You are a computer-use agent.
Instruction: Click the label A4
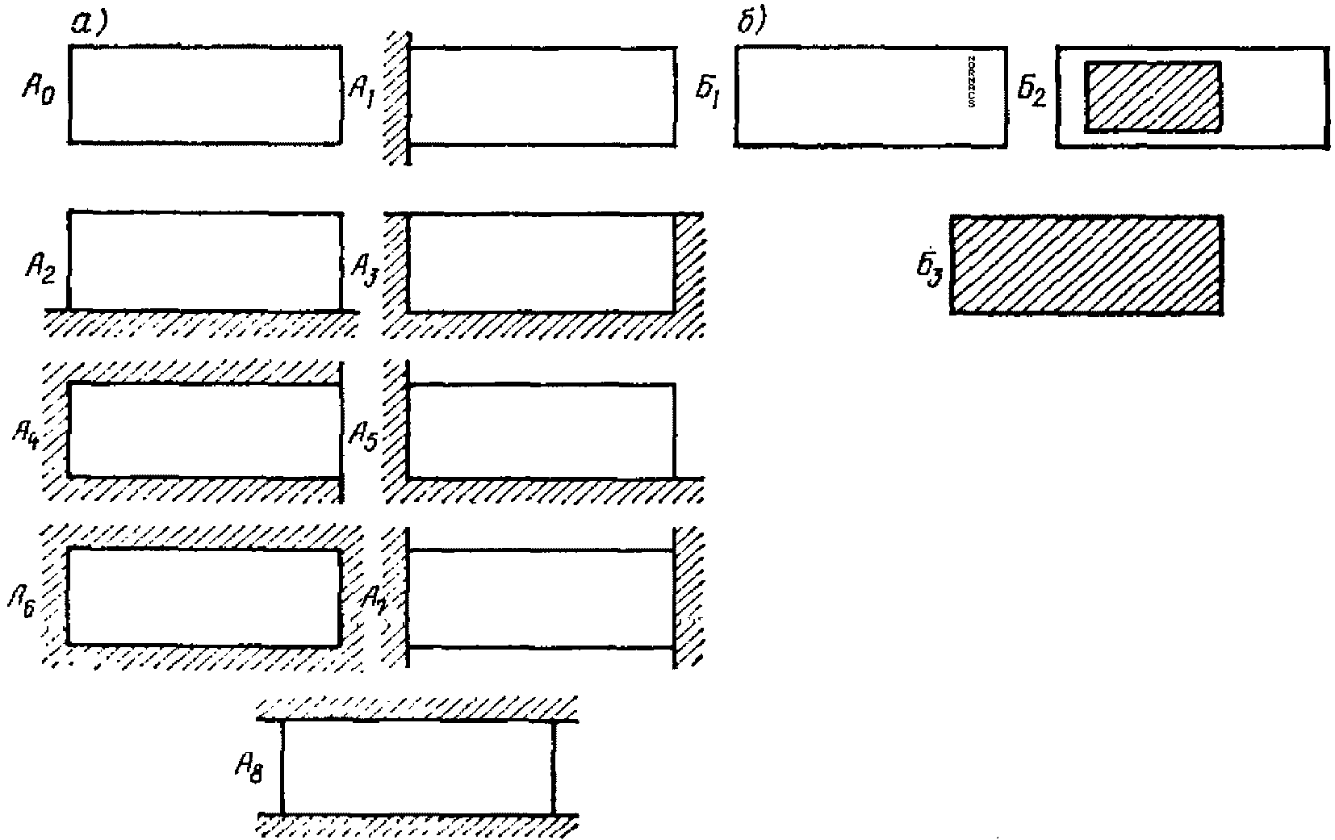click(29, 435)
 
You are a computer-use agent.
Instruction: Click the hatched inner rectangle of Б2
click(1152, 97)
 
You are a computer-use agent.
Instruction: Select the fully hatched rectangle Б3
click(1086, 264)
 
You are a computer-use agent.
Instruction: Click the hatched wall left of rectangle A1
click(396, 97)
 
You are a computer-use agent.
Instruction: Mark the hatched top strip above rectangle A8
click(417, 708)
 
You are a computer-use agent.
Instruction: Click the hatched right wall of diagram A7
click(688, 597)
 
